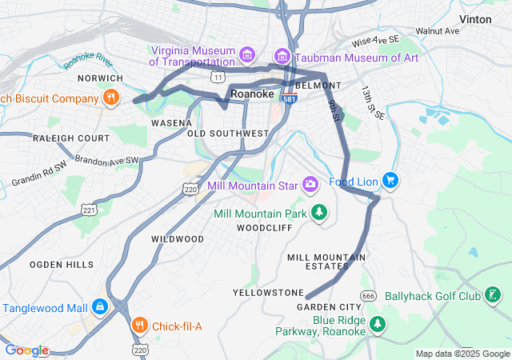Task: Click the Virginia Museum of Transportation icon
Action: [248, 55]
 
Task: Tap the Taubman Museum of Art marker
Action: [282, 56]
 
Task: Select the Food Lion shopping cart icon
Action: [390, 181]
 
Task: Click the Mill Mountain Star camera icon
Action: [310, 186]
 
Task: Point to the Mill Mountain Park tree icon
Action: [319, 212]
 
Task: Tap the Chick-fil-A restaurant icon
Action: [140, 326]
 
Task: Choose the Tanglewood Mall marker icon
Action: [99, 306]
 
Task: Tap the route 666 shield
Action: [368, 297]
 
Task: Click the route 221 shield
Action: [88, 210]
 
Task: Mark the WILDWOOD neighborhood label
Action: [178, 238]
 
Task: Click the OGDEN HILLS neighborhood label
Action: [62, 264]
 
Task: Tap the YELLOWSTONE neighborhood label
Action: [268, 292]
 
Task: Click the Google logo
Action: [26, 350]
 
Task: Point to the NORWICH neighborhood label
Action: [99, 78]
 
